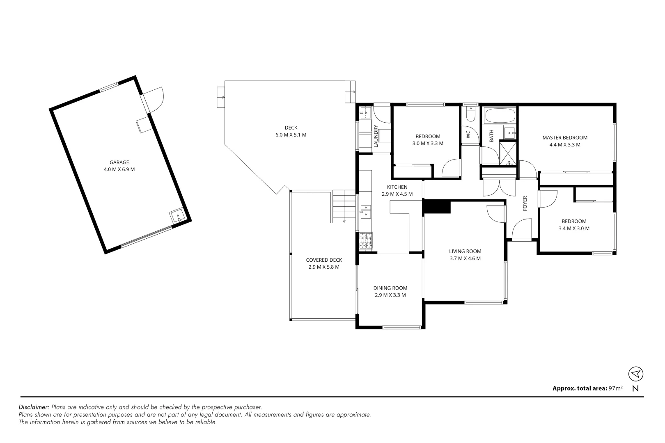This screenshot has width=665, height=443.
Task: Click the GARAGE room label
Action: pos(119,162)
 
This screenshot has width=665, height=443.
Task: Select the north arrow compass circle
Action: pos(635,374)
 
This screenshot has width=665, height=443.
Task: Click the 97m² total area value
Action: pos(615,388)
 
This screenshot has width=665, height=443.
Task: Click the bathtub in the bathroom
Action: pos(499,116)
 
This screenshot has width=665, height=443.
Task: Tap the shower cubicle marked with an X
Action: pos(508,153)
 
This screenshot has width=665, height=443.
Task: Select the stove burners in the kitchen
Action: pos(366,241)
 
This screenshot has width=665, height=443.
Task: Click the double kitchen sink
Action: pos(365,212)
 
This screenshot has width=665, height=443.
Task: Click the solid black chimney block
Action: pos(436,206)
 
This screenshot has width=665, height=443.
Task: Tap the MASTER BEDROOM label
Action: pos(564,138)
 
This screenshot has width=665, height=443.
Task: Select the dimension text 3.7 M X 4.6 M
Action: pos(465,258)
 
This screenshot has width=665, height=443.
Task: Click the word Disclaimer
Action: pos(34,407)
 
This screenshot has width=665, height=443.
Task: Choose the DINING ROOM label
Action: pos(390,288)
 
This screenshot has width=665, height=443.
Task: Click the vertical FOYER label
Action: pos(525,203)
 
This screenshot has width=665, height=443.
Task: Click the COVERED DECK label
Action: pos(324,260)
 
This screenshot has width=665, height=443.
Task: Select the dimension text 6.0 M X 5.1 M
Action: pos(291,135)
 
